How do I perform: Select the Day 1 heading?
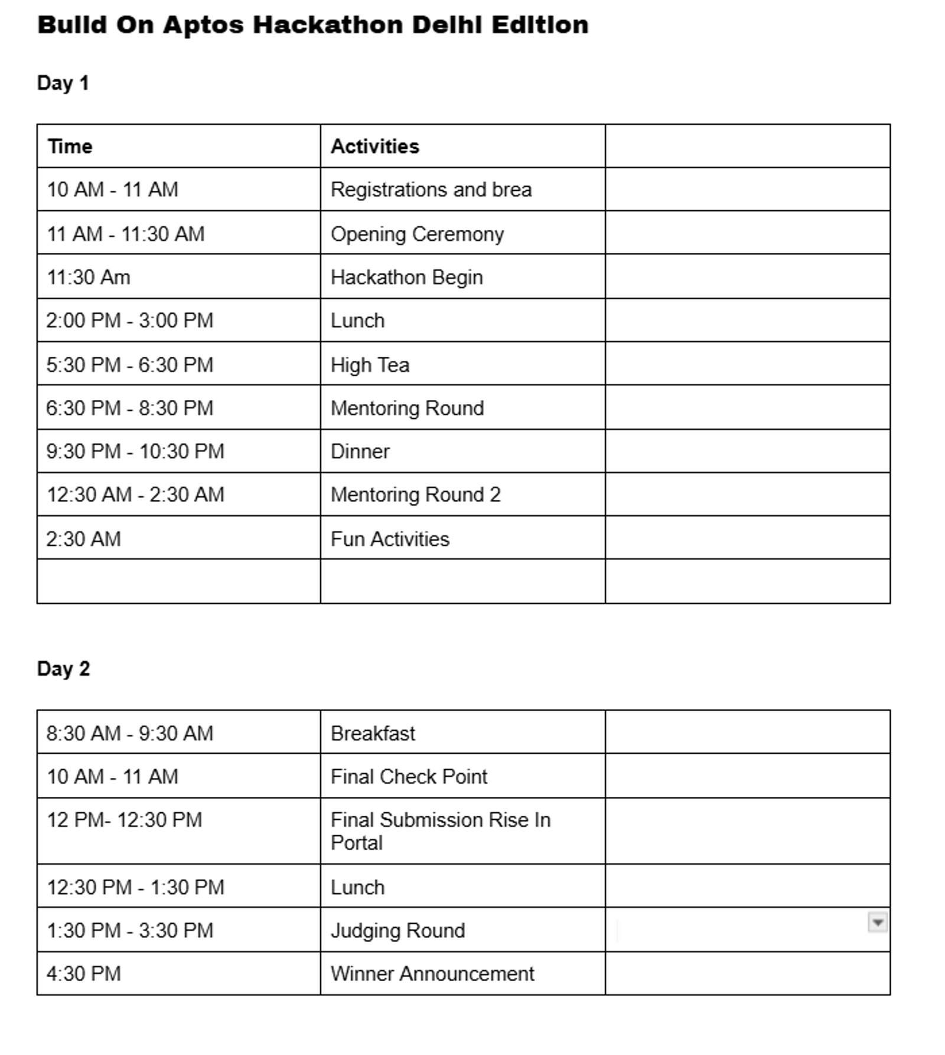coord(63,83)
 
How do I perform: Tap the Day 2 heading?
coord(63,668)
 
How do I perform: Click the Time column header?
coord(70,146)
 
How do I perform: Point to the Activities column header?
coord(374,146)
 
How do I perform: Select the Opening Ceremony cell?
coord(417,234)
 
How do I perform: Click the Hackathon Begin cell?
coord(406,277)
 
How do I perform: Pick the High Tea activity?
coord(370,364)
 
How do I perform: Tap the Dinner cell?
coord(360,451)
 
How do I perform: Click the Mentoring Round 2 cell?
coord(415,494)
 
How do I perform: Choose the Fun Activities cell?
coord(390,539)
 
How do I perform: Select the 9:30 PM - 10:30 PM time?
coord(135,451)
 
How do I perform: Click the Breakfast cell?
coord(373,733)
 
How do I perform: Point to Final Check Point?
coord(409,776)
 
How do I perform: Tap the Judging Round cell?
coord(397,930)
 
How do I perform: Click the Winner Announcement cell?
coord(432,973)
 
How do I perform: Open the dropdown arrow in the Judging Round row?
coord(877,922)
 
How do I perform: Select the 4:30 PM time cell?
coord(83,973)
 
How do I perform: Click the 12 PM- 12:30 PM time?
coord(124,820)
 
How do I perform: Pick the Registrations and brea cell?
coord(431,190)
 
